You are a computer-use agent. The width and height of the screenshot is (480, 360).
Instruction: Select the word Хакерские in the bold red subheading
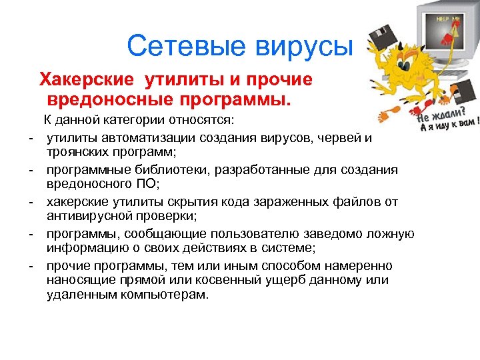(87, 81)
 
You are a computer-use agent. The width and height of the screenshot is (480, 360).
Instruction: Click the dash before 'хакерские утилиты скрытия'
(31, 202)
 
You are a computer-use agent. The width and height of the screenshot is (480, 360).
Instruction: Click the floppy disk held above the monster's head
(383, 40)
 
